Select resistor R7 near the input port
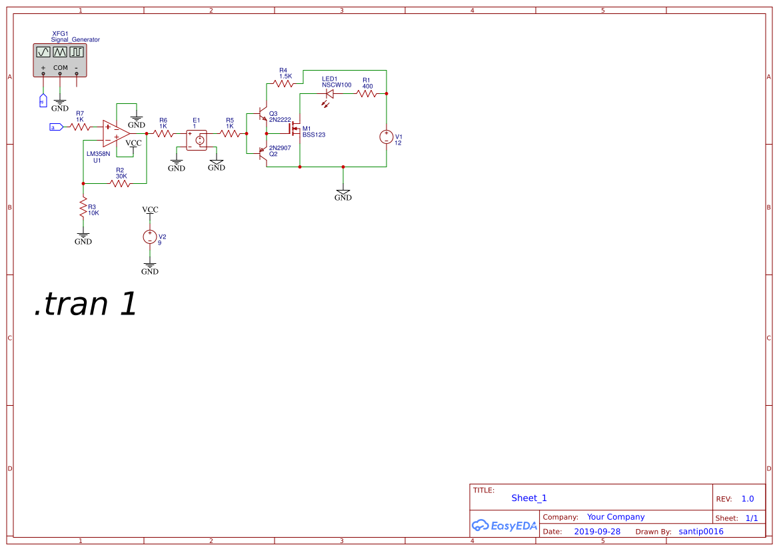81,127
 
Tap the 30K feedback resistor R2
120,183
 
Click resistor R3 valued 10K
83,209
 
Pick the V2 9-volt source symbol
150,237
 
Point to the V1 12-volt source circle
387,137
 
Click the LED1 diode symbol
329,94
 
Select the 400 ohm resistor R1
367,94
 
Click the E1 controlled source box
197,140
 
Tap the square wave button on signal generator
77,51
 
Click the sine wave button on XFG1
43,51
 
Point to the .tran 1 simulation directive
86,304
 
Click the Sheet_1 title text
529,498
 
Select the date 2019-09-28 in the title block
597,532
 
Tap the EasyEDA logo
504,525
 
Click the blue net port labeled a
56,127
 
